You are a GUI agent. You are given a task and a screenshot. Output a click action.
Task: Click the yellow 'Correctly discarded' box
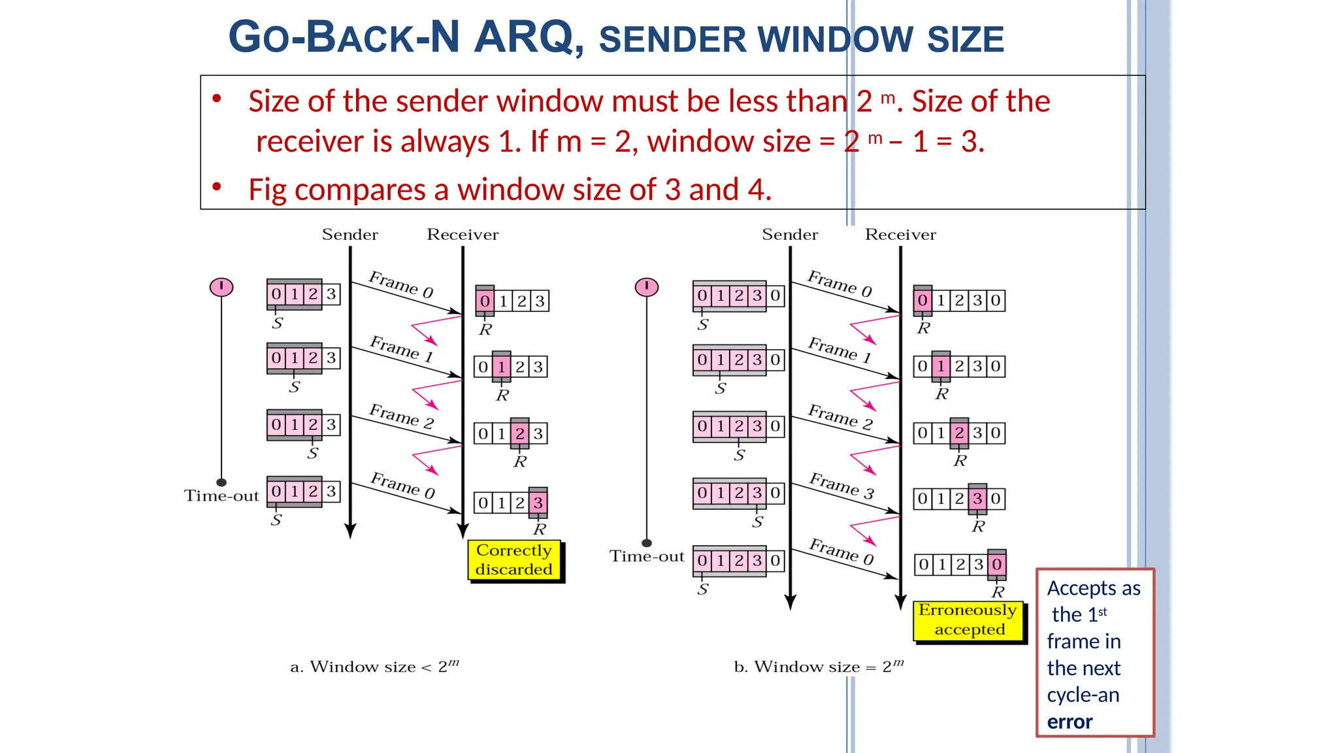[514, 560]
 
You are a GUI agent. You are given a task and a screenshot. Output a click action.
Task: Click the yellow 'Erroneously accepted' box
[969, 620]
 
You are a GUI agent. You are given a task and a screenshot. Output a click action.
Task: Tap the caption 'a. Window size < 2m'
[374, 667]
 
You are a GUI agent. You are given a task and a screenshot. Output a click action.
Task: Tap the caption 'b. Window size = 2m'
[819, 667]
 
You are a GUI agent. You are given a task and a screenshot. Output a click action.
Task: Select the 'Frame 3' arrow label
[841, 485]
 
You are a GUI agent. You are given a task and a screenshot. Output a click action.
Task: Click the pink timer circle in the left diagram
[221, 287]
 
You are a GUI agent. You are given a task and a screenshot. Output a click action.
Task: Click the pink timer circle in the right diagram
[647, 287]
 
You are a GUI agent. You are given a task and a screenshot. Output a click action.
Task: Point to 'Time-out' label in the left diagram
[221, 496]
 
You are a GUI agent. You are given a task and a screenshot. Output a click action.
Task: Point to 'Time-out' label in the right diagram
[647, 556]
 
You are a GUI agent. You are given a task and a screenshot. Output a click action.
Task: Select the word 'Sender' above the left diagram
[350, 235]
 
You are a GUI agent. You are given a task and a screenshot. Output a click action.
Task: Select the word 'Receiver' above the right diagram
[900, 235]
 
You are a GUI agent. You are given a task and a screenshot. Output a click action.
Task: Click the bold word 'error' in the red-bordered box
[1069, 722]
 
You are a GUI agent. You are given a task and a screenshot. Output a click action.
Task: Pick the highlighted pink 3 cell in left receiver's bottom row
[538, 503]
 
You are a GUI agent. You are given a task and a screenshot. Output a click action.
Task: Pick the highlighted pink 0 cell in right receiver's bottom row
[996, 564]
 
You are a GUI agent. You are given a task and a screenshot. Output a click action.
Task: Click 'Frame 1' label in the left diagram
[401, 348]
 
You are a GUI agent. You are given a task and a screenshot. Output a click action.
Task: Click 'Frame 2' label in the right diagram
[840, 416]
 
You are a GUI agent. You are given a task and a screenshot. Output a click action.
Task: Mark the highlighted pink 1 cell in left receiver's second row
[501, 367]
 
